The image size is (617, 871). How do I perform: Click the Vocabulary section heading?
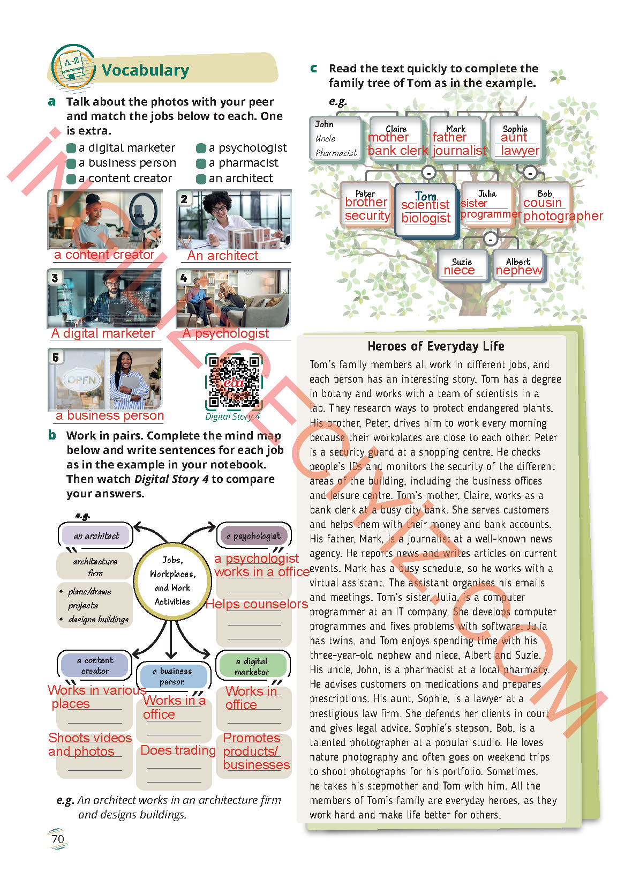(145, 70)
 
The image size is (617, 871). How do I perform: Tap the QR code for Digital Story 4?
(234, 381)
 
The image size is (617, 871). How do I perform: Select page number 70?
(58, 839)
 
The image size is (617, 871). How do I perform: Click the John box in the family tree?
(336, 138)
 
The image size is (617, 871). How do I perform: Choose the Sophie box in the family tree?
(515, 138)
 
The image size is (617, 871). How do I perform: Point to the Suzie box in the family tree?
(462, 266)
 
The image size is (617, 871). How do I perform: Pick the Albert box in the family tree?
(518, 266)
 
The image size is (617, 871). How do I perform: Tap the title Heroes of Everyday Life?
(436, 346)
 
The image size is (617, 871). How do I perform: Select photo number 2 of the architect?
(234, 220)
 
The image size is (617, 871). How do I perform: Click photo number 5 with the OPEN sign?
(105, 379)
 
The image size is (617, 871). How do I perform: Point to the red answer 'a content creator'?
(104, 255)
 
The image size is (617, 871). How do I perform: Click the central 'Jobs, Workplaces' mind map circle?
(172, 580)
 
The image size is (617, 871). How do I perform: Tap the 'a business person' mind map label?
(172, 676)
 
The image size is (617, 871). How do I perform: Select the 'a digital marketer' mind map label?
(252, 666)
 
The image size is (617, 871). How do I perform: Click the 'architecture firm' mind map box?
(95, 567)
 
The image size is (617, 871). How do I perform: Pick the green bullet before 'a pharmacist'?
(201, 163)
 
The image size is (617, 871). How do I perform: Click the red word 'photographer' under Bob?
(563, 216)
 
